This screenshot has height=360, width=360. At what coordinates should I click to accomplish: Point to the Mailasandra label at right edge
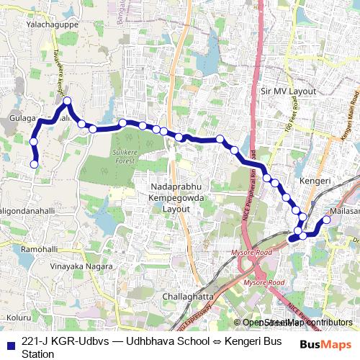point(343,211)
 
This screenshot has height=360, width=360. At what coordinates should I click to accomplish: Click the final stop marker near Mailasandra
point(325,220)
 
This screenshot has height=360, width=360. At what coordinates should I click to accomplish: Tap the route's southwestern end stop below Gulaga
point(33,165)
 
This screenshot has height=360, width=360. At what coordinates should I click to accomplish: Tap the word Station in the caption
point(37,354)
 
